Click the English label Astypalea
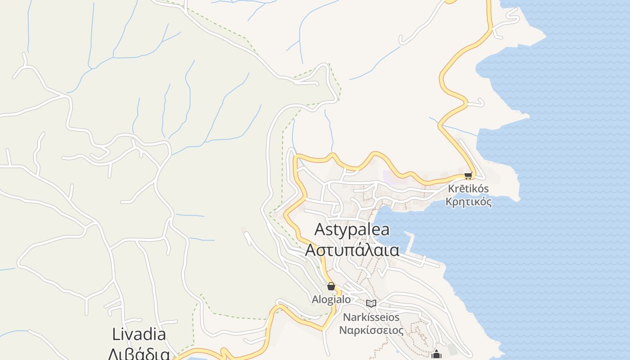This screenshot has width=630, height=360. pos(352,229)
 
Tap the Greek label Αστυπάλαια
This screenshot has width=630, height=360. pos(352,250)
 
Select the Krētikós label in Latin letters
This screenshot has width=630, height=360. pos(468,189)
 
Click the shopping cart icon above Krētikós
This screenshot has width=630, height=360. pos(468,175)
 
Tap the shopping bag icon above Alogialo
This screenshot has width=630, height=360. pos(331,286)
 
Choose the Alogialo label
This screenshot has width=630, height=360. pos(331,299)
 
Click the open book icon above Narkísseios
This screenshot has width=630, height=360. pos(371,303)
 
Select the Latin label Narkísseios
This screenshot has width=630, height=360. pos(371,317)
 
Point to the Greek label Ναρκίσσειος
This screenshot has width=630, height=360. pos(371,330)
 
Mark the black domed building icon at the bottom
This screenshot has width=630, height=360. pos(436,355)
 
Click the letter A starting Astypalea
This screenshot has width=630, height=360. pos(319,229)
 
